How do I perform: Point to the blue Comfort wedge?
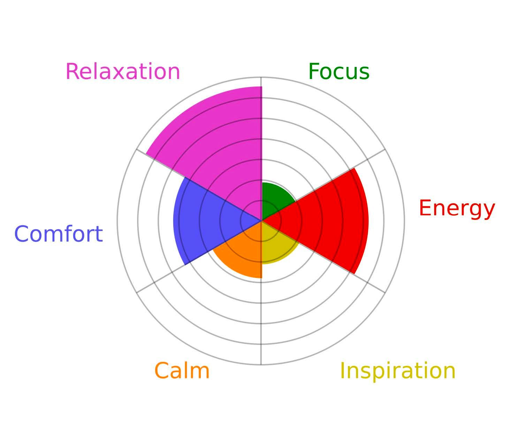pos(203,221)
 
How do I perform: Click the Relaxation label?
pos(123,72)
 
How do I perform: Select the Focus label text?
pos(339,72)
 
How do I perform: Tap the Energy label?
pos(457,209)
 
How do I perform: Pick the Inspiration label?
pos(398,371)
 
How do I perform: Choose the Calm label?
pos(182,371)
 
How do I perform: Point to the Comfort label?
pos(59,234)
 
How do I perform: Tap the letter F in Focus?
pos(314,72)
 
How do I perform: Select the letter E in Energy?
pos(425,208)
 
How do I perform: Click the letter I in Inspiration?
pos(342,371)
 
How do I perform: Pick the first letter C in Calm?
pos(161,371)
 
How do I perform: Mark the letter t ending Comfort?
pos(99,235)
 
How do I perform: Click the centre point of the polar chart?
pos(261,221)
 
